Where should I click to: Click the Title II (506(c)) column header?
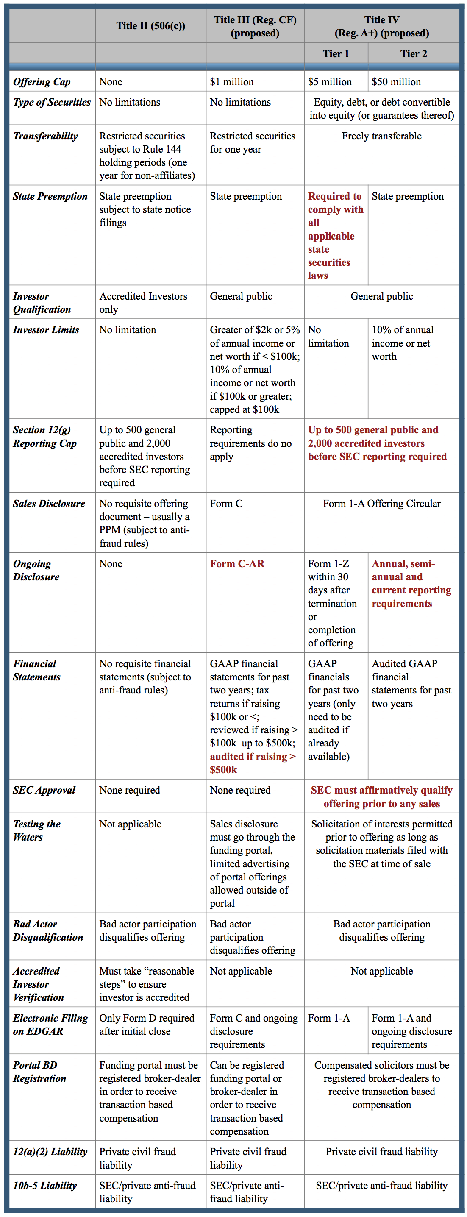coord(150,26)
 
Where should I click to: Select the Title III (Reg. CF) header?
coord(255,26)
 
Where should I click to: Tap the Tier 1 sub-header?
coord(336,54)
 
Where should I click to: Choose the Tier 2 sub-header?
coord(414,54)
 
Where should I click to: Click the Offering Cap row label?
coord(42,82)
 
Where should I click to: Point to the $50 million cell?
coord(396,82)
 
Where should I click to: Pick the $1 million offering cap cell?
coord(232,82)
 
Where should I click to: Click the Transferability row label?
coord(45,136)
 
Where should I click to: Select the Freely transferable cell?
coord(381,136)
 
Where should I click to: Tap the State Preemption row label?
coord(50,196)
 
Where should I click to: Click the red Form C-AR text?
coord(237,564)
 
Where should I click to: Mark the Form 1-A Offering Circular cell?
coord(381,504)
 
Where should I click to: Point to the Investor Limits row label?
coord(46,330)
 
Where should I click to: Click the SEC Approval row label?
coord(44,790)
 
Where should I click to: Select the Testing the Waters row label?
coord(36,830)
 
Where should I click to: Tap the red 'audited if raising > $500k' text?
coord(253,763)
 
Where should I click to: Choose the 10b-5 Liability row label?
coord(45,1185)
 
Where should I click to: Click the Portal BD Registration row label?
coord(40,1072)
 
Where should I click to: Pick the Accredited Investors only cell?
coord(143,303)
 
